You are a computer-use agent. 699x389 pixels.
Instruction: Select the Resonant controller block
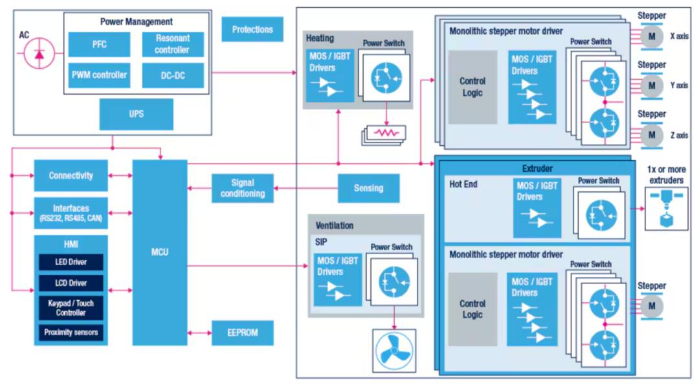click(173, 44)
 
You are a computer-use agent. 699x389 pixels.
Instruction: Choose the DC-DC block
click(173, 75)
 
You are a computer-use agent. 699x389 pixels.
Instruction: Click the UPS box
click(136, 114)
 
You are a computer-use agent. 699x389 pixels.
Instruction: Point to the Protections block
click(252, 29)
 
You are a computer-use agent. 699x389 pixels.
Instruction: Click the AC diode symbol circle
click(39, 56)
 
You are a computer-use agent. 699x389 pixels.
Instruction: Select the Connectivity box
click(71, 176)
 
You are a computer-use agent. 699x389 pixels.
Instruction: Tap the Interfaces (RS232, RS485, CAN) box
click(71, 213)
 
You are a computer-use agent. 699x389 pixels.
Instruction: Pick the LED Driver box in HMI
click(71, 262)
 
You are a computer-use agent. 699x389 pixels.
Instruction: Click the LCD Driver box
click(71, 283)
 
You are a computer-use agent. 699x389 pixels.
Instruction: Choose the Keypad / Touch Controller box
click(71, 308)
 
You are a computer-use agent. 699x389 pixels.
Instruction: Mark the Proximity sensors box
click(71, 333)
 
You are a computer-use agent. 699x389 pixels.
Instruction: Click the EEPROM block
click(243, 333)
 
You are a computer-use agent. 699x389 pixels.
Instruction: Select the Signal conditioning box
click(243, 188)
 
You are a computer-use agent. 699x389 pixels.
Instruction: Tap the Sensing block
click(368, 188)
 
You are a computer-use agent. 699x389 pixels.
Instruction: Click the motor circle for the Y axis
click(652, 86)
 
